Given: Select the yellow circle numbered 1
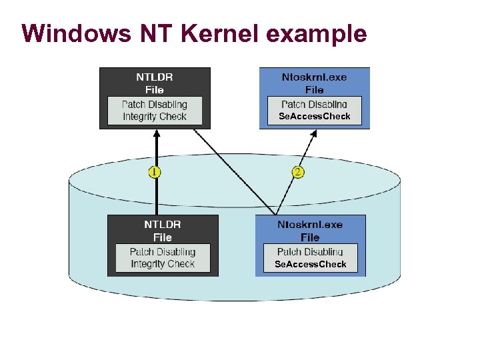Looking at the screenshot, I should (155, 172).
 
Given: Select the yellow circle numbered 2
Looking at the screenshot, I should (298, 172).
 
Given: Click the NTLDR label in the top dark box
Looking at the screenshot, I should (155, 77).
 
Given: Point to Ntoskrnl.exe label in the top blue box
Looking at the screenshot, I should (314, 77).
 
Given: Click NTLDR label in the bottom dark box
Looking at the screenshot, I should (163, 225).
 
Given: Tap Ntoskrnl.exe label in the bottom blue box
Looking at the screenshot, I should (310, 225).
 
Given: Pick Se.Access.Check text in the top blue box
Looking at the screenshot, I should (314, 117).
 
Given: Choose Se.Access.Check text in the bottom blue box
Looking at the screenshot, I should (311, 264).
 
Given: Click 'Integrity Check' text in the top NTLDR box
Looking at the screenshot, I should (155, 117).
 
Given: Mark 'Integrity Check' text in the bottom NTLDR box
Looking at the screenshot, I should (163, 264).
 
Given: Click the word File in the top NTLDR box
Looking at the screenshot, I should (155, 89).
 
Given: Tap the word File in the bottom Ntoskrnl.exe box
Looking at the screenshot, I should (310, 237).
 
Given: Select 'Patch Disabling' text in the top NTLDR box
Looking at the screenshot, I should (155, 105).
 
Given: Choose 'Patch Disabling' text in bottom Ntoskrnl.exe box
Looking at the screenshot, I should (310, 252).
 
